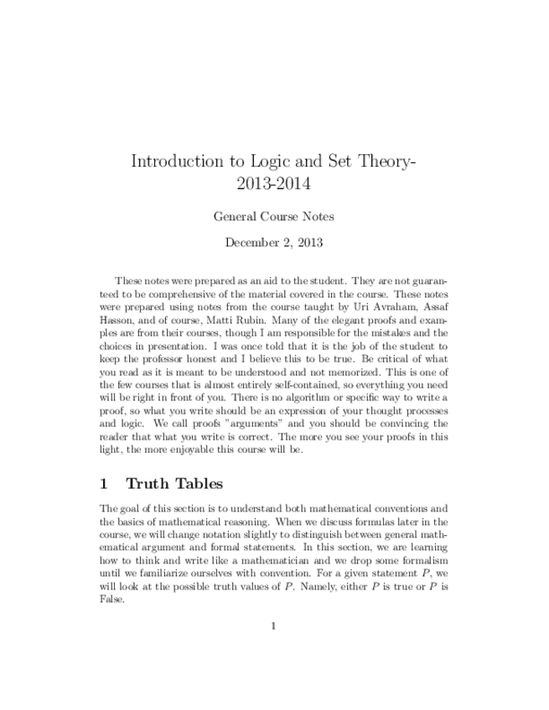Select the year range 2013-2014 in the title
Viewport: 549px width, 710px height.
[274, 183]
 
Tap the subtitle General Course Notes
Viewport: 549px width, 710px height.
[274, 216]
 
